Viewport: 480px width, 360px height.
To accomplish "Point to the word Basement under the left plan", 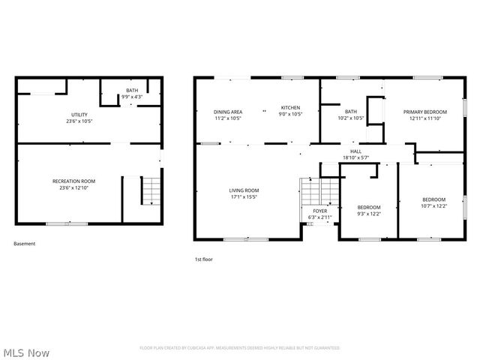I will point(25,243).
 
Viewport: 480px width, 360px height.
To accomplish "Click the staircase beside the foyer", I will point(310,192).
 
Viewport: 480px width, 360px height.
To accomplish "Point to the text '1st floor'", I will point(204,259).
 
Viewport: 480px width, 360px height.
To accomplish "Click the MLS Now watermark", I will point(27,352).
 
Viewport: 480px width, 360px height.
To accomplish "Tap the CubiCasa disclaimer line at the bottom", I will point(240,348).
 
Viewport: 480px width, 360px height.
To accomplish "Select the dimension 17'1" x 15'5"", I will point(244,197).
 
